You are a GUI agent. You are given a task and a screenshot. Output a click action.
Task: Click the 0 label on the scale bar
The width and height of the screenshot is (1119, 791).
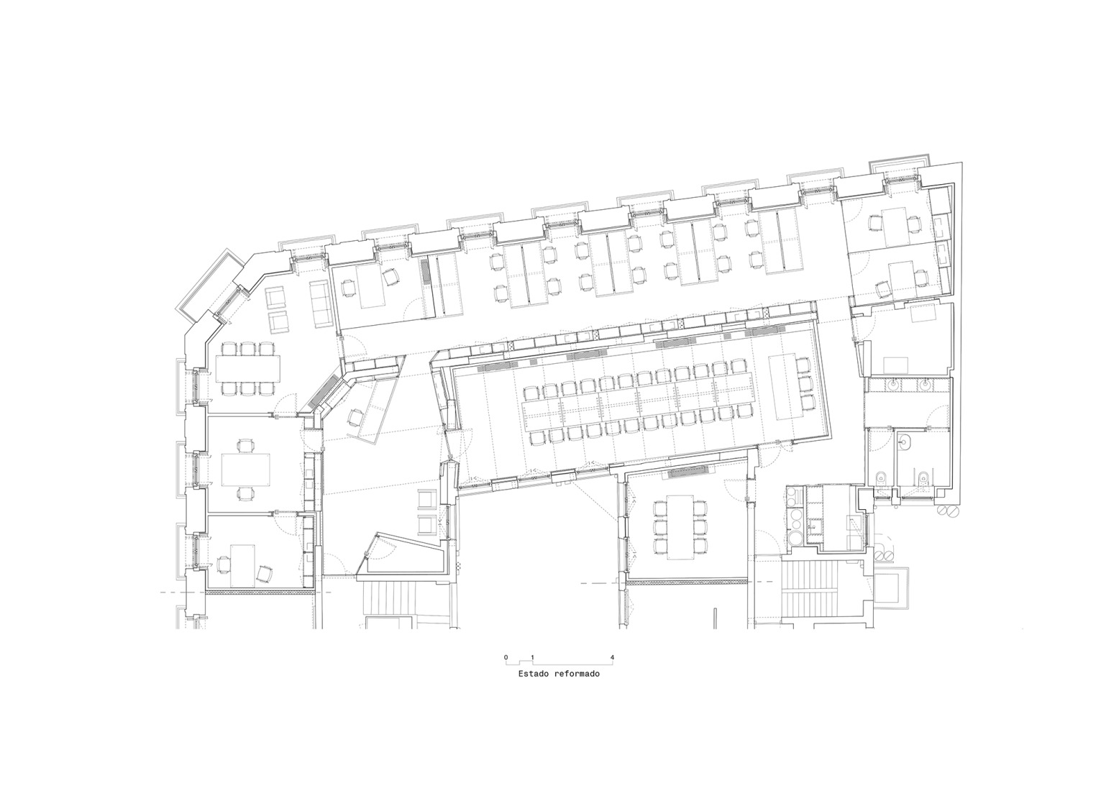(x=506, y=657)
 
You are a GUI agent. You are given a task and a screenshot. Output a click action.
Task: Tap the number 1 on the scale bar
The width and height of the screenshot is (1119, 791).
(x=532, y=657)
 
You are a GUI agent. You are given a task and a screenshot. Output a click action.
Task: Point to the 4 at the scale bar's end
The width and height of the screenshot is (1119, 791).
(x=611, y=657)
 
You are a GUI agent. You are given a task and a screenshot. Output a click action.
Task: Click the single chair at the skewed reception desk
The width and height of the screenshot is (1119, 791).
(x=356, y=416)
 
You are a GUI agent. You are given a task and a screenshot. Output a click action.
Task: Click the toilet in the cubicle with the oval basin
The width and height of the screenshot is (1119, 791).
(x=922, y=475)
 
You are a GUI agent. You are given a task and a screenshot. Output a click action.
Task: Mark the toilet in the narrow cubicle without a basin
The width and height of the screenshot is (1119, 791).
(x=880, y=476)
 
